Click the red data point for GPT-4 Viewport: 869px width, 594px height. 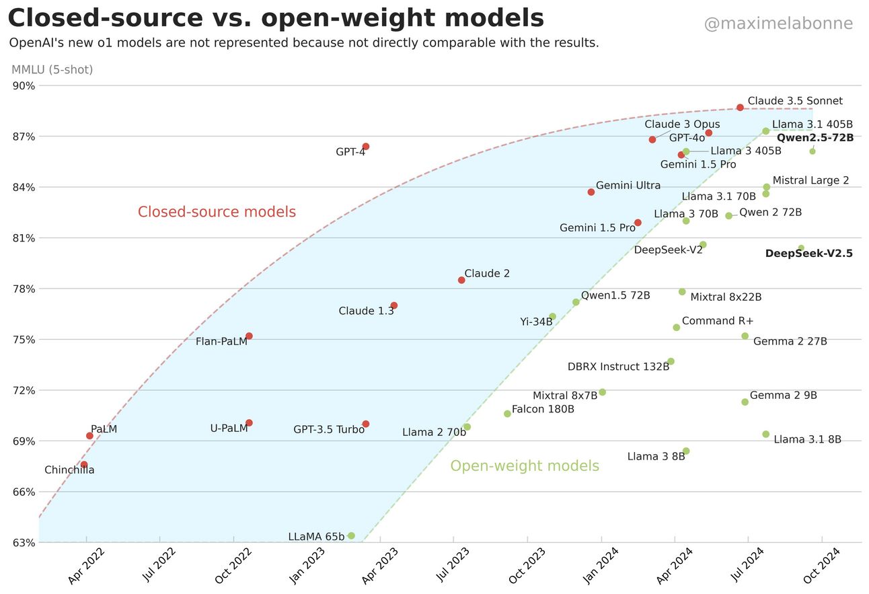(x=366, y=147)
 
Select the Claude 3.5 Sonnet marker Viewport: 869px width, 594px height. (x=740, y=108)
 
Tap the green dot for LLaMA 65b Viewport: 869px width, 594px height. (x=351, y=535)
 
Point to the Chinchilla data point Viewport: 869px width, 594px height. (x=83, y=465)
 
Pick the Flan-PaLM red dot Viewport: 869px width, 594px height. (x=249, y=336)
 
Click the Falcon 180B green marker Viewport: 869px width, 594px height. (x=507, y=414)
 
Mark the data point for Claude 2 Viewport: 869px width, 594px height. (x=461, y=280)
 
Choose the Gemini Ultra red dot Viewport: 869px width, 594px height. (x=591, y=192)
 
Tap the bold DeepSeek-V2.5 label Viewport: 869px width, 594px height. (x=808, y=254)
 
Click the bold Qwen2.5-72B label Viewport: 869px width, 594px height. (x=815, y=138)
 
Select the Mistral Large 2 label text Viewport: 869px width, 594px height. (x=810, y=180)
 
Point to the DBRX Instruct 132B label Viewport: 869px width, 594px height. (x=618, y=367)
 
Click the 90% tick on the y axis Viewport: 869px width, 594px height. (x=24, y=85)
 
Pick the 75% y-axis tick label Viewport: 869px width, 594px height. (x=24, y=340)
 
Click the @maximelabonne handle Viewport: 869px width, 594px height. (x=778, y=24)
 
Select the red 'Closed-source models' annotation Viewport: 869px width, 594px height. (x=217, y=212)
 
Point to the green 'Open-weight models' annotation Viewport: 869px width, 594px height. (x=525, y=466)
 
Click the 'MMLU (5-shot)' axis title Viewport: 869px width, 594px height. (x=52, y=69)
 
